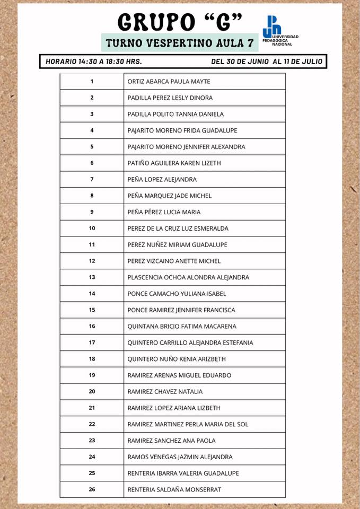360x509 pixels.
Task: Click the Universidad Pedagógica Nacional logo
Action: [x=280, y=31]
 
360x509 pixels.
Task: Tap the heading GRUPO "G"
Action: [x=180, y=22]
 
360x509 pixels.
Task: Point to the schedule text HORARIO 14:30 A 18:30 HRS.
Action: [x=94, y=62]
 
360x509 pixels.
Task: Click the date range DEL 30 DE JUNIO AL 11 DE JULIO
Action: [x=266, y=62]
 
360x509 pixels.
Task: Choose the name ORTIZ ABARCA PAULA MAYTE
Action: [x=169, y=82]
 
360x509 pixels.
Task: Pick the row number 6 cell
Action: [x=92, y=163]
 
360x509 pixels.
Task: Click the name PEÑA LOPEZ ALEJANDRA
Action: [x=162, y=180]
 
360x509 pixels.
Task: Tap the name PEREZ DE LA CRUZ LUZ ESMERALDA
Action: [x=178, y=229]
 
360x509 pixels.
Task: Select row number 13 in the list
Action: [x=92, y=277]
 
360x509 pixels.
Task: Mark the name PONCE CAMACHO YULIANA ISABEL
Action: [x=177, y=294]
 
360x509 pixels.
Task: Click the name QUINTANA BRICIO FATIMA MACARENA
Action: [x=182, y=327]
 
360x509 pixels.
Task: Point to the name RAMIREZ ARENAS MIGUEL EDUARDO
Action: [x=179, y=375]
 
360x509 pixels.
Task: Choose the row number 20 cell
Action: [x=92, y=392]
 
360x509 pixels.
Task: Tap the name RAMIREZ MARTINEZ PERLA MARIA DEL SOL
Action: [x=188, y=424]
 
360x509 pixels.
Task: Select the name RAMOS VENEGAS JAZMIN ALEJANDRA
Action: [x=180, y=457]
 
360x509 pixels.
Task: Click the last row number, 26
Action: [x=92, y=489]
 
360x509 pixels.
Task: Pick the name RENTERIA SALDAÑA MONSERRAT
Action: [x=174, y=489]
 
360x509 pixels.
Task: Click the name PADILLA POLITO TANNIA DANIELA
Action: [x=175, y=114]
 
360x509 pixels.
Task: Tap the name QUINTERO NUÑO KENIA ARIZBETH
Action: [x=177, y=359]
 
